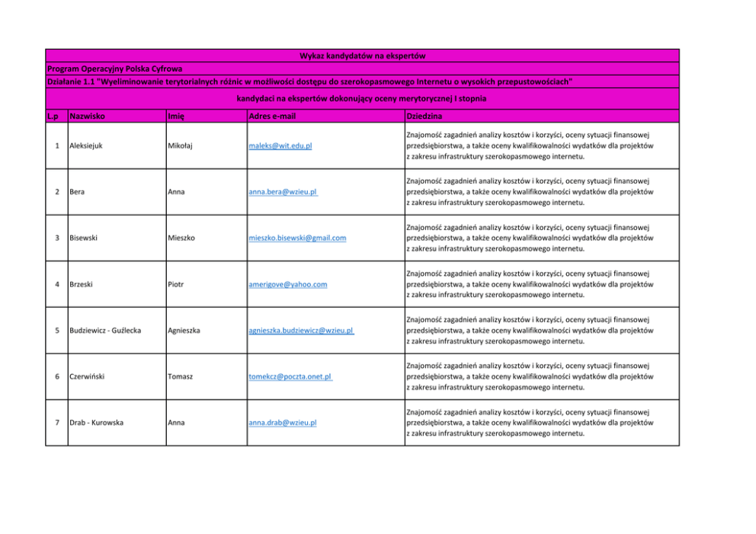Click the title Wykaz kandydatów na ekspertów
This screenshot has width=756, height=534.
362,56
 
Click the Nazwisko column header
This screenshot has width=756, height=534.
87,117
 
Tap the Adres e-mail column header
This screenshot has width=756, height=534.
272,117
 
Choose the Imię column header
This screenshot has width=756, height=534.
176,117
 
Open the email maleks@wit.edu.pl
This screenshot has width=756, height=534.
280,146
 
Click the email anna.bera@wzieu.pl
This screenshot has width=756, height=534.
283,192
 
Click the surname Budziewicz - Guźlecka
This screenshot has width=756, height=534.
105,331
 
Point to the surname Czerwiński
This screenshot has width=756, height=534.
88,376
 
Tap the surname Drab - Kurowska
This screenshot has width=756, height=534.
96,422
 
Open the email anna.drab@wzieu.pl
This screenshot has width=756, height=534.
283,423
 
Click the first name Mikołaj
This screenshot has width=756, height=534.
181,145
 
